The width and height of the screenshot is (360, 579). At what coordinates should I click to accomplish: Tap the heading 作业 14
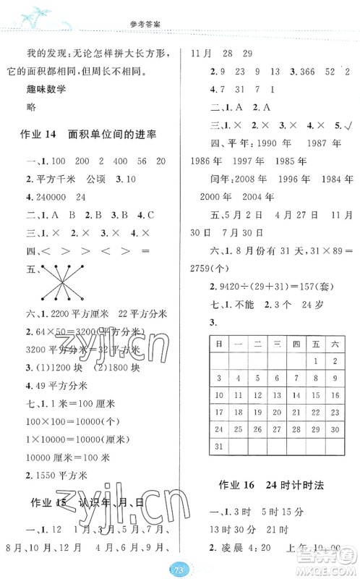pos(43,135)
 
